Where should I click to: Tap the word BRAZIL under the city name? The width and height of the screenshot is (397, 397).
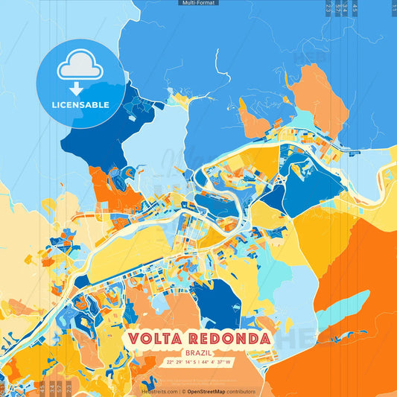pos(198,352)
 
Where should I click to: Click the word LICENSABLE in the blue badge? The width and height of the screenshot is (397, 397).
pos(80,104)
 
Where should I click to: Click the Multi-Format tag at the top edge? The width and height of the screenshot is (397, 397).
pos(199,3)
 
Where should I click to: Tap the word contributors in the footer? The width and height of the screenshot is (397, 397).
pos(241,391)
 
